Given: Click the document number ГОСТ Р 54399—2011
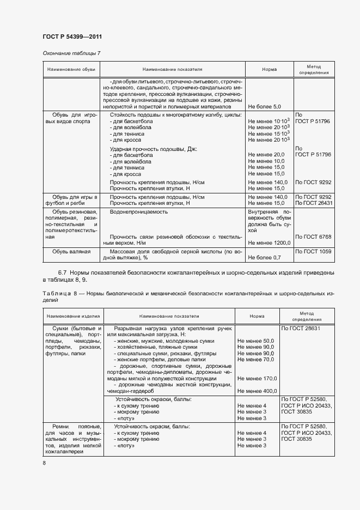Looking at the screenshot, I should click(x=72, y=37).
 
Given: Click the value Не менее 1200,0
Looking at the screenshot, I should click(x=269, y=242).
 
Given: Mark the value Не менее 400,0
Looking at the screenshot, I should click(x=258, y=391).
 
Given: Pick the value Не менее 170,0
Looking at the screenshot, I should click(x=258, y=378).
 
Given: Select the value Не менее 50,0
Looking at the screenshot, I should click(x=255, y=341).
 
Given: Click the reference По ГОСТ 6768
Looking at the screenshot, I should click(x=313, y=236).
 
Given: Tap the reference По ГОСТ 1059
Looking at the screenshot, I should click(x=313, y=251).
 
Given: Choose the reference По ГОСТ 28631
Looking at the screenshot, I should click(x=301, y=329).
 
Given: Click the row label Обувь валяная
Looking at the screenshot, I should click(x=71, y=251).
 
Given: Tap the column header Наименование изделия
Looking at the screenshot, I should click(x=72, y=316).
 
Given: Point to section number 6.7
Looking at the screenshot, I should click(x=62, y=271).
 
